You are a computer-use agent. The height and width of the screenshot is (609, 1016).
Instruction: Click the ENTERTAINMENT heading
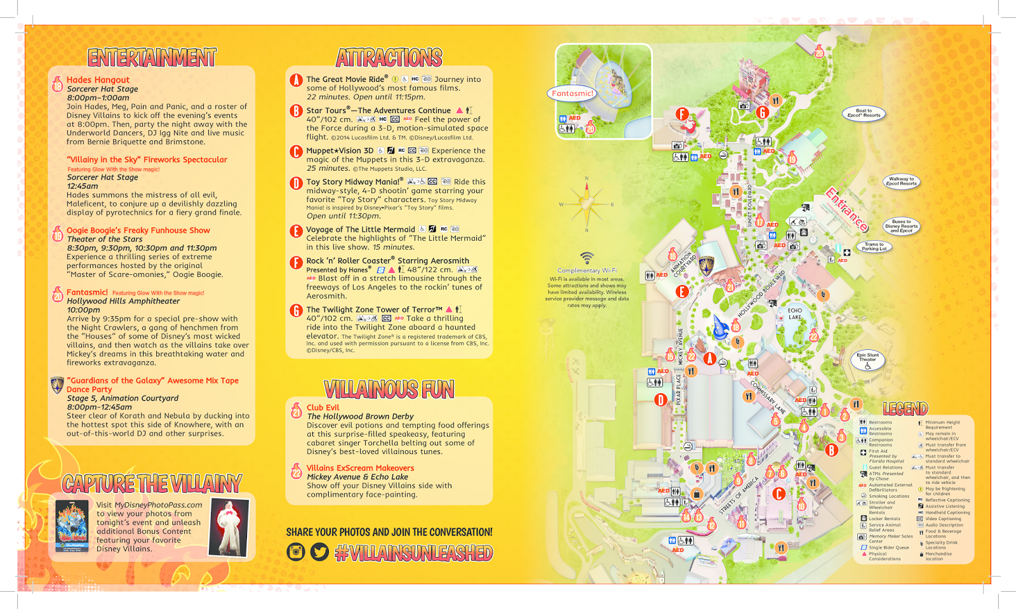click(x=152, y=58)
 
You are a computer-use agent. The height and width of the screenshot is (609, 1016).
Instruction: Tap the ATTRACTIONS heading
click(x=389, y=58)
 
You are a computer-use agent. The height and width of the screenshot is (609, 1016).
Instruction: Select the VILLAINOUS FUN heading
click(x=389, y=389)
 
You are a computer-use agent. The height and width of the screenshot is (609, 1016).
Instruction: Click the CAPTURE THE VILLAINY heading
click(x=152, y=484)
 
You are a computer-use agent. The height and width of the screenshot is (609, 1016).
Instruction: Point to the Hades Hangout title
click(x=98, y=80)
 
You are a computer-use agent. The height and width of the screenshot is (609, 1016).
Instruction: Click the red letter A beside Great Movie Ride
click(x=296, y=80)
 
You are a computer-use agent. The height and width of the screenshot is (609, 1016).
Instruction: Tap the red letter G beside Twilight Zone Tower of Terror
click(x=296, y=311)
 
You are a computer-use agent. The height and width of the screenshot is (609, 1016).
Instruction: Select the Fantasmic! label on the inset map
click(x=572, y=93)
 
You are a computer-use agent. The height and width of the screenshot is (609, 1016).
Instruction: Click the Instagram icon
click(x=296, y=552)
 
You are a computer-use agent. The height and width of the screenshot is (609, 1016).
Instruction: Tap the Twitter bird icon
click(x=319, y=552)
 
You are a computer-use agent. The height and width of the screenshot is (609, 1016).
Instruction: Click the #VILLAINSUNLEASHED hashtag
click(x=413, y=553)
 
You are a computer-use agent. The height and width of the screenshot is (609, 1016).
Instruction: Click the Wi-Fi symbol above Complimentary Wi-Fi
click(x=587, y=258)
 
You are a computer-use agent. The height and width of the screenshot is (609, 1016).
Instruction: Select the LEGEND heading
click(x=905, y=409)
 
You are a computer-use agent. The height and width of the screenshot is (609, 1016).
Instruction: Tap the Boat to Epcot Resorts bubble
click(x=864, y=113)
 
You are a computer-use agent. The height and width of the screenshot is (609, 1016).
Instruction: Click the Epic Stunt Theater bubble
click(x=867, y=359)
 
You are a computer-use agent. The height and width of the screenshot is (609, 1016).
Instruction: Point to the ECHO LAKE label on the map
click(x=795, y=314)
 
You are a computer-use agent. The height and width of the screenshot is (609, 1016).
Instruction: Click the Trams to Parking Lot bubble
click(x=874, y=246)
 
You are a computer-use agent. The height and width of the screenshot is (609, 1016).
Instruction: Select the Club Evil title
click(x=323, y=408)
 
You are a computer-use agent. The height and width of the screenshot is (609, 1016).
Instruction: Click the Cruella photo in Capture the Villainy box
click(x=229, y=526)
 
